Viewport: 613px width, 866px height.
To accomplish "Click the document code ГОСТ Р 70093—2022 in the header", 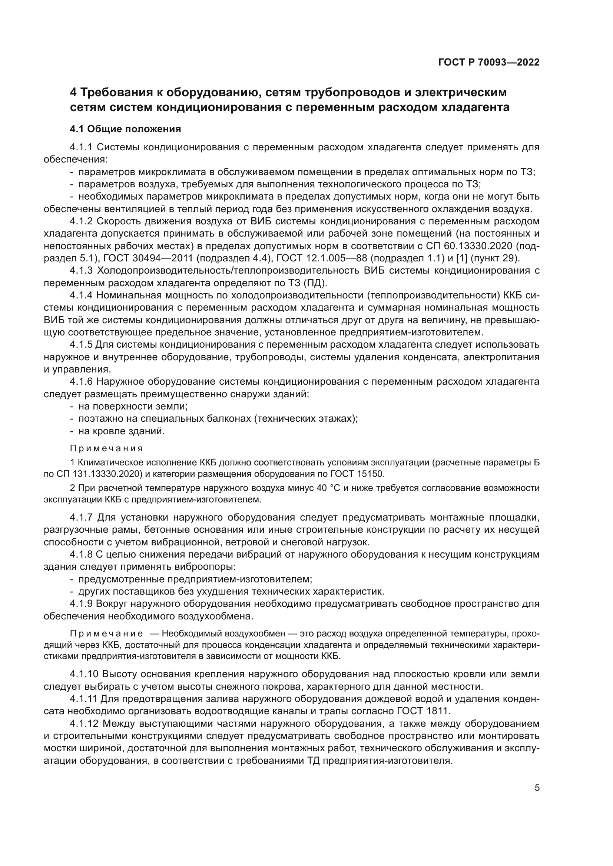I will (x=489, y=62).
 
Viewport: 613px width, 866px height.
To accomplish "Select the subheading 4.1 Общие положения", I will (x=125, y=129).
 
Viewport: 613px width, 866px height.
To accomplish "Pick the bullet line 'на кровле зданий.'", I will (x=121, y=431).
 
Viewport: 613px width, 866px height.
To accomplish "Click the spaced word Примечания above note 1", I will (x=106, y=448).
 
